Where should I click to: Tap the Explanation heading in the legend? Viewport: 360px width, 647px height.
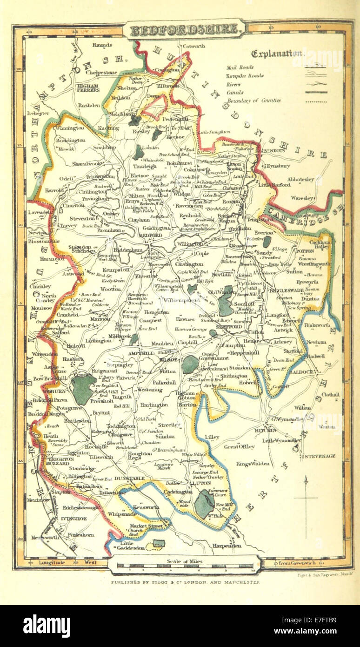point(277,54)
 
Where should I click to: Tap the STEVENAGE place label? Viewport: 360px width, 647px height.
point(320,456)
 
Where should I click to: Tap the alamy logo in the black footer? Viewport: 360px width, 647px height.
point(47,626)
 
